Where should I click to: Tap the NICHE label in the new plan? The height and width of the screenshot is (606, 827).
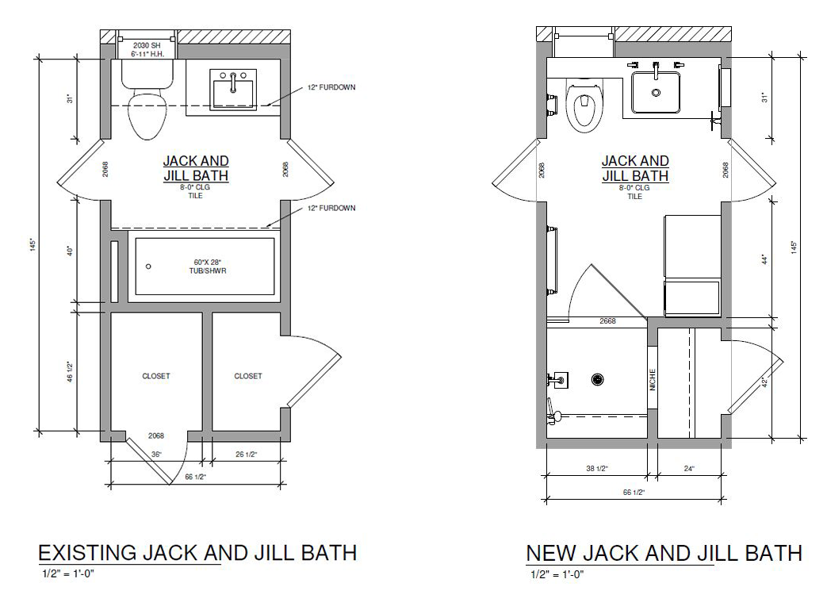tap(653, 380)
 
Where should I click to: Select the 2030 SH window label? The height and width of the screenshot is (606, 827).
tap(147, 46)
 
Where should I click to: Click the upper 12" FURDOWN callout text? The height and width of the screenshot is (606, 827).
tap(331, 87)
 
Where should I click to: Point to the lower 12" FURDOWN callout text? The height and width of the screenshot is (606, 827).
tap(331, 208)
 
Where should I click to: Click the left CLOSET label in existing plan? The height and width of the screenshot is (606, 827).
tap(156, 376)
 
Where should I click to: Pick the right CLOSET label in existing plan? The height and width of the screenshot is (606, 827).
tap(248, 376)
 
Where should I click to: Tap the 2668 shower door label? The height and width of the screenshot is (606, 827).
tap(607, 320)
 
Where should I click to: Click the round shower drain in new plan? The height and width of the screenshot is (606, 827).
tap(598, 379)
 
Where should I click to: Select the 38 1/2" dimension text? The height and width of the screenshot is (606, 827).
tap(598, 468)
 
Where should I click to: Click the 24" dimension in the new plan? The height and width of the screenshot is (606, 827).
tap(689, 468)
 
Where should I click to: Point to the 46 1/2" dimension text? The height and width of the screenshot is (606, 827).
tap(70, 371)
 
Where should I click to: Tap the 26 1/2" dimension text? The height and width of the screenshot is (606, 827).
tap(246, 454)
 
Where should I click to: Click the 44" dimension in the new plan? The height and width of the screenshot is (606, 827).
tap(764, 259)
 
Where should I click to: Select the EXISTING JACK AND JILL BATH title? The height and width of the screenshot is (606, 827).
tap(197, 553)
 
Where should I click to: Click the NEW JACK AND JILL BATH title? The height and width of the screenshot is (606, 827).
tap(664, 554)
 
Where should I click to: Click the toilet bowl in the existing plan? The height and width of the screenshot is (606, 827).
tap(147, 115)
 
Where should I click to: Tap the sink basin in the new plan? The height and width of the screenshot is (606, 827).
tap(656, 92)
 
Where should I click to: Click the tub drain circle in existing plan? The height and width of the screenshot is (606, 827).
tap(148, 267)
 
